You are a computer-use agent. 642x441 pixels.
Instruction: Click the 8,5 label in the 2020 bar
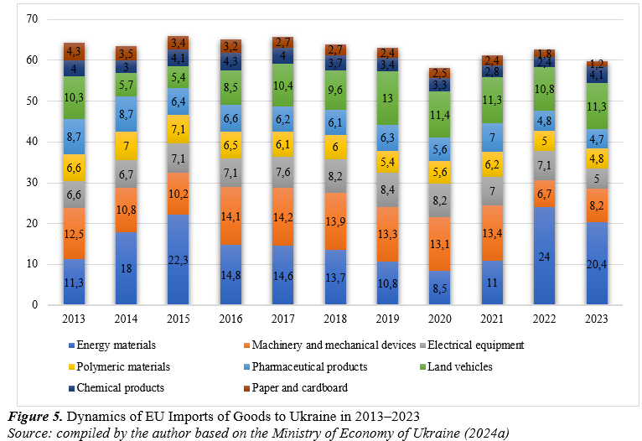pyautogui.click(x=441, y=288)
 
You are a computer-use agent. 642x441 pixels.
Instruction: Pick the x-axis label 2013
pyautogui.click(x=74, y=319)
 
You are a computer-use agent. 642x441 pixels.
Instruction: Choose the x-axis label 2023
pyautogui.click(x=598, y=319)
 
